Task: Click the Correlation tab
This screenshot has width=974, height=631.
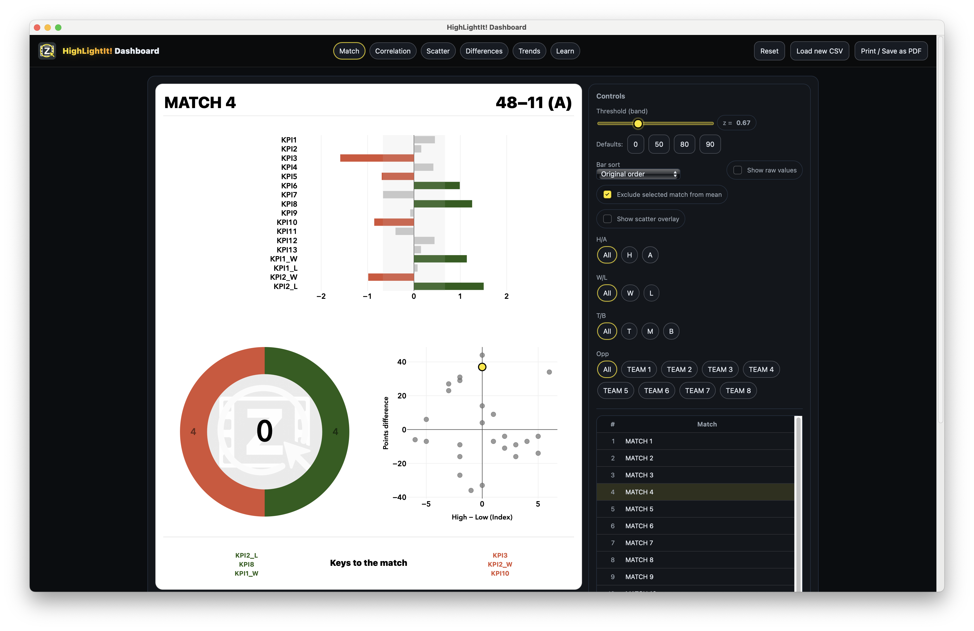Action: point(393,51)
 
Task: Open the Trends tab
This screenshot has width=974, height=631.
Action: point(529,51)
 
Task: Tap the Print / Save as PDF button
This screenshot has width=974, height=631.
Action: point(891,51)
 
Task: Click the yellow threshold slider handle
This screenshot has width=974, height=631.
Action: point(638,123)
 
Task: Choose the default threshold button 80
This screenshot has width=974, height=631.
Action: point(684,144)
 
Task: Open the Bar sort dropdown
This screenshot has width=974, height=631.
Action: point(638,174)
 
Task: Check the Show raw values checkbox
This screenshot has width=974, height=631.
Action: point(737,170)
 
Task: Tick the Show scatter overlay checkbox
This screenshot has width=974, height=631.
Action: point(607,219)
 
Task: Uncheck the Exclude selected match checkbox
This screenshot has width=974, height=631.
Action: point(607,194)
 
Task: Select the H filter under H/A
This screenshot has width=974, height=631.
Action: point(629,255)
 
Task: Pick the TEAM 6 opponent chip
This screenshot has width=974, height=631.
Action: point(656,391)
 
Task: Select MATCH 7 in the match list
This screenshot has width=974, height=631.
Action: point(639,543)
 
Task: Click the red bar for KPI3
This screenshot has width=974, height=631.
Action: point(377,158)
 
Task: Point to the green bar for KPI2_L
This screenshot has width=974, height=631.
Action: point(449,286)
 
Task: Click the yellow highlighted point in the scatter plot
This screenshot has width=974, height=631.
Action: point(482,367)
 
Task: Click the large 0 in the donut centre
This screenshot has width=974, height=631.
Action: point(264,431)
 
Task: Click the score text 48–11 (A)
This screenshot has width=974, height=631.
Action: point(533,103)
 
